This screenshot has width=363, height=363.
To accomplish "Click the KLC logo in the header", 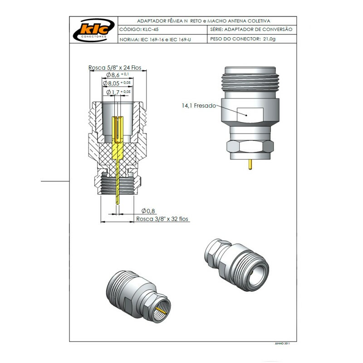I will (93, 29).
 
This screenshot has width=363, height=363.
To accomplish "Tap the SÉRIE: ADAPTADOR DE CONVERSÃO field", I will (251, 29).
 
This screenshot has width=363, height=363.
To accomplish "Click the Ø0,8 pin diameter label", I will (148, 211).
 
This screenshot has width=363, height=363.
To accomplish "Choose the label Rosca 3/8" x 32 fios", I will (162, 219).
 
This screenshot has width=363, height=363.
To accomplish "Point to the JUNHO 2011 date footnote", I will (283, 343).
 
